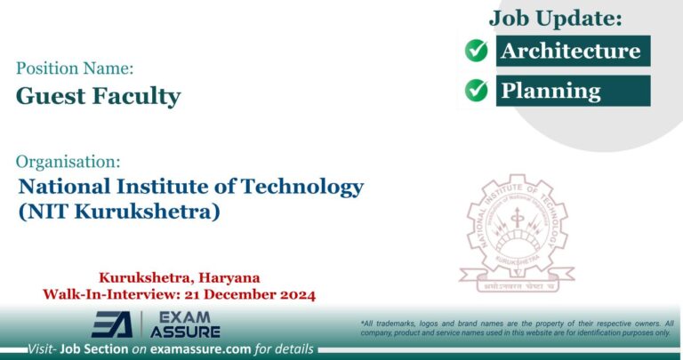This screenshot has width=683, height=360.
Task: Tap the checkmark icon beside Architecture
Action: point(477,51)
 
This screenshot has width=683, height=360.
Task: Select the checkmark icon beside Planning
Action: point(477,90)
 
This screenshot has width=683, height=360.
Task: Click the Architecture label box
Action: point(571,51)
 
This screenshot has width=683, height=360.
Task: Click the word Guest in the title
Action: point(50,96)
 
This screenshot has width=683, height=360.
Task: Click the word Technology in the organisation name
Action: point(303,188)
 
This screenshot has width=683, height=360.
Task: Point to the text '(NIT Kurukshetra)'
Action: point(118,213)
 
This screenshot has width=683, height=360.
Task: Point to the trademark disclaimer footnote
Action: point(517,327)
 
